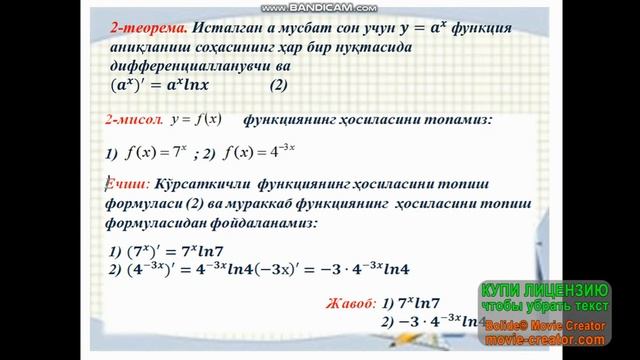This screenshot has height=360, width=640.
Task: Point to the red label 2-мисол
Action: click(x=134, y=120)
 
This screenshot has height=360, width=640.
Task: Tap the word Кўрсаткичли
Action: click(x=204, y=186)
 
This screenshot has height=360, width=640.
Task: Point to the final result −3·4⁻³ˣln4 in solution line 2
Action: click(x=374, y=269)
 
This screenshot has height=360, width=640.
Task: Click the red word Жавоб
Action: click(x=349, y=301)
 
